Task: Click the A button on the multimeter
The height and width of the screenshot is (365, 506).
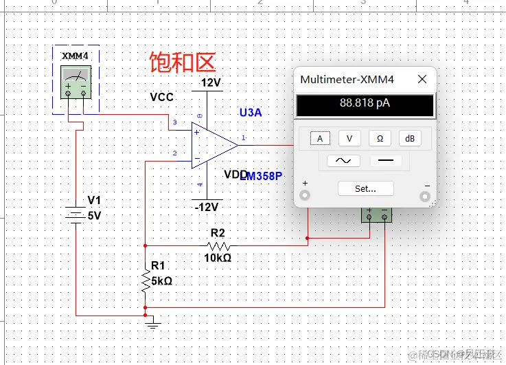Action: (x=319, y=138)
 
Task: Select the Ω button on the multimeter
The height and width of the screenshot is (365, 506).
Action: (x=380, y=138)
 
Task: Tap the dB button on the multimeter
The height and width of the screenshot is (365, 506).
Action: (x=410, y=138)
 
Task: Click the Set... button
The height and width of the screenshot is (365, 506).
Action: (x=365, y=188)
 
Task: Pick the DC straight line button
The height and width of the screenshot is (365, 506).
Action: (x=386, y=161)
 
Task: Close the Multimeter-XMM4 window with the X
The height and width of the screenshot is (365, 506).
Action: (x=422, y=80)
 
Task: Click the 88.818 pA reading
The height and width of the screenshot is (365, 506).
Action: (x=365, y=104)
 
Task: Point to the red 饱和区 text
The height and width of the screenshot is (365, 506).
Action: (x=183, y=63)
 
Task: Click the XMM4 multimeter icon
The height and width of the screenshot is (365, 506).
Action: (x=76, y=82)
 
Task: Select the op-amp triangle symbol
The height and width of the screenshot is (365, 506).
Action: (x=214, y=144)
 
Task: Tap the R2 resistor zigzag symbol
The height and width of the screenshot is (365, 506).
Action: (x=219, y=245)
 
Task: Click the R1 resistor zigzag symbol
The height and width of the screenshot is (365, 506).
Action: (x=146, y=280)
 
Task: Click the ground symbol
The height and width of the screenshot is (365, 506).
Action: (x=153, y=322)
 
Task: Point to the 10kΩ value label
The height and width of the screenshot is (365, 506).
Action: (x=218, y=258)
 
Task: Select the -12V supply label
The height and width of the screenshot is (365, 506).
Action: (x=206, y=207)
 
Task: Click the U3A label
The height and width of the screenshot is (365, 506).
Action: (x=250, y=113)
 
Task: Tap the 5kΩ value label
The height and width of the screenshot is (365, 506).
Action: (x=161, y=280)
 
